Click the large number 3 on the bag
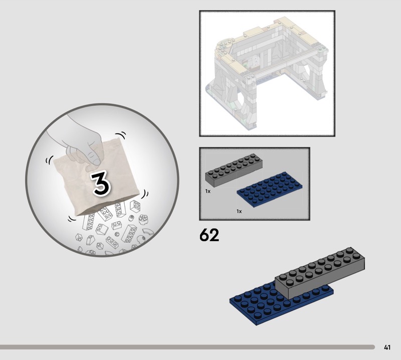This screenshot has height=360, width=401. point(102,184)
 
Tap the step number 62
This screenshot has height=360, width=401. point(209,235)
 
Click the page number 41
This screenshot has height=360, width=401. point(387,347)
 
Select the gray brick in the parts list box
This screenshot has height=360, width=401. point(234,170)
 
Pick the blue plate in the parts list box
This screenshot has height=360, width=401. point(270,189)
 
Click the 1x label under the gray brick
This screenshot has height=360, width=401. point(208,191)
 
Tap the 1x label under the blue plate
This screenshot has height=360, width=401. point(239,212)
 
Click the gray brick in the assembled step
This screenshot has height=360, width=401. point(320,273)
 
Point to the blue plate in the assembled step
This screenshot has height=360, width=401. point(276,302)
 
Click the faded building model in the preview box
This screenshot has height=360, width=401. point(267,73)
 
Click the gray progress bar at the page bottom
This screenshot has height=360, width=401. point(187,347)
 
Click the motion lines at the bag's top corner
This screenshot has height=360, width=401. point(120,135)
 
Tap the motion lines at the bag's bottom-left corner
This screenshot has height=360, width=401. point(72,218)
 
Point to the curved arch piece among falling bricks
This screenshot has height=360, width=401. point(148,232)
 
